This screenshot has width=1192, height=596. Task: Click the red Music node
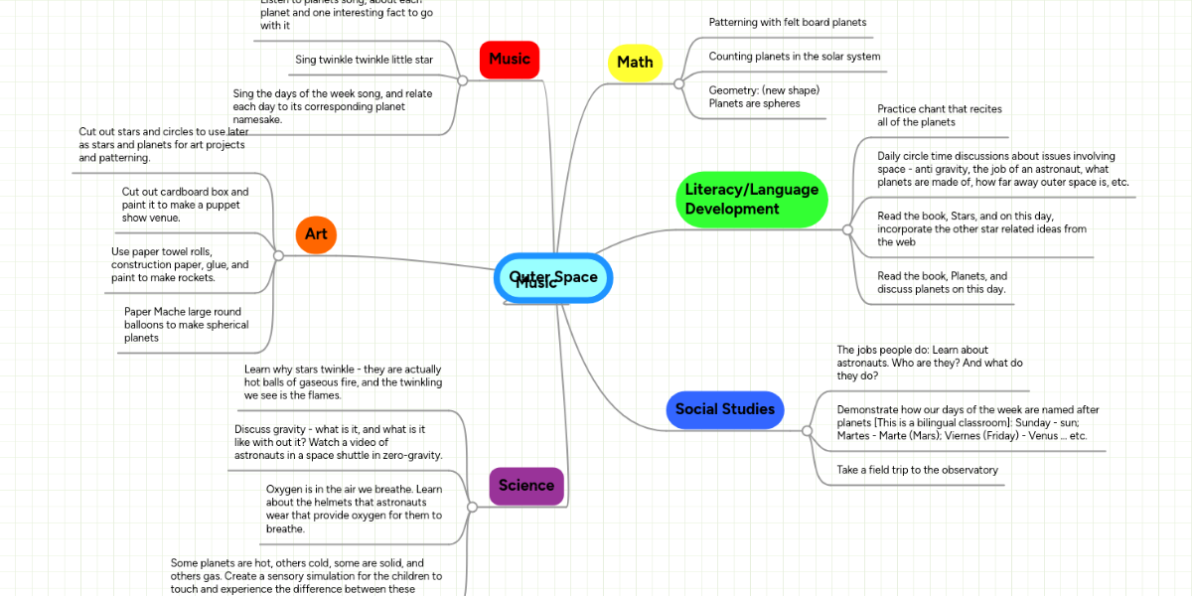coord(509,60)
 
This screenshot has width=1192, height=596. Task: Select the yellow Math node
coord(635,63)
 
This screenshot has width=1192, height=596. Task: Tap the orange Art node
coord(316,234)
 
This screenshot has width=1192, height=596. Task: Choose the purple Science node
coord(526,486)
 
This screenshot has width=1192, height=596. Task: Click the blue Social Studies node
coord(724,409)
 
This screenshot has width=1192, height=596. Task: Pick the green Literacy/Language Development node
coord(751,200)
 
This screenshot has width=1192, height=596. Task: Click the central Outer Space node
coord(553,277)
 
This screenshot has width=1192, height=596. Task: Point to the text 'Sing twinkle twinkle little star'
coord(364,60)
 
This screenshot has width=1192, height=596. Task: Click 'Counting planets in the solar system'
coord(794,57)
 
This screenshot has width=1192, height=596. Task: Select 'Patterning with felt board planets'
coord(787,22)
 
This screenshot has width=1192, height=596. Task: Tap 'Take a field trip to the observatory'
coord(917,470)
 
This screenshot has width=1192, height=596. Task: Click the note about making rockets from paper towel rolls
coord(180,265)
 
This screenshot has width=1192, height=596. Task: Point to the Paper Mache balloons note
coord(183,325)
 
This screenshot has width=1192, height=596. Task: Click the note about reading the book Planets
coord(942,283)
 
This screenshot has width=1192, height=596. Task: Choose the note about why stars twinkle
coord(343,381)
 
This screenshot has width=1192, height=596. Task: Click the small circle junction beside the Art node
coord(278,255)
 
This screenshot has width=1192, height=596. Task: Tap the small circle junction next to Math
coord(678,83)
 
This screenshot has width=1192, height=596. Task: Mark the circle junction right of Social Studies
coord(806,430)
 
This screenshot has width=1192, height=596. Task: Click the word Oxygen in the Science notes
coord(286,489)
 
